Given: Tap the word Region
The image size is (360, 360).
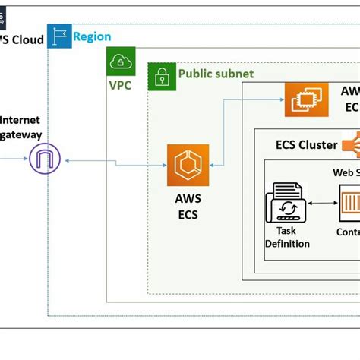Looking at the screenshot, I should pos(92,36).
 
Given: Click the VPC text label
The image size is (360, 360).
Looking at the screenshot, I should pos(119,85).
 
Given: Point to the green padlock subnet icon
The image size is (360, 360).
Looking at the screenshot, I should pos(161,76).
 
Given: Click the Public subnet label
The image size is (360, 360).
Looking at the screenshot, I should pos(216,74).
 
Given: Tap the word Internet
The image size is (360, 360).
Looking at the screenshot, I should pos(21,119).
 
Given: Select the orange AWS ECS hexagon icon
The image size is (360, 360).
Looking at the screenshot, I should pos(188,165).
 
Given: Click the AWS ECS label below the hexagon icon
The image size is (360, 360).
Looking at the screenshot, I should pos(187,206).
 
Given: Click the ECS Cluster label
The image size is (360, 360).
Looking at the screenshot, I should pos(306,144).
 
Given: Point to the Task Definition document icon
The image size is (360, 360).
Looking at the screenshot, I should pos(286,204).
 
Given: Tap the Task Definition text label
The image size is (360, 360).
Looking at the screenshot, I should pos(286,238).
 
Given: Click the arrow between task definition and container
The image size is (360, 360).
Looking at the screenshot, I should pos(322,204).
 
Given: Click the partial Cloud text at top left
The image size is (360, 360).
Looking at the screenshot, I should pos(23,39).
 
